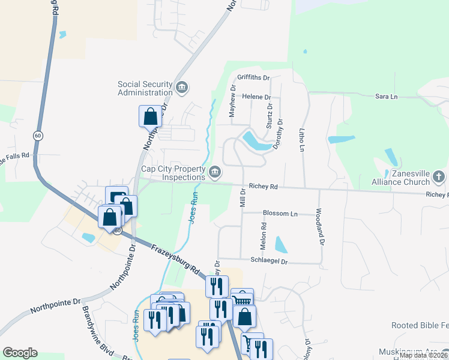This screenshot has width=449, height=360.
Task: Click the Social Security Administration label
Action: tap(145, 88)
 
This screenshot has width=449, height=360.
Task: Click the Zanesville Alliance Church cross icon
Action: tap(439, 177)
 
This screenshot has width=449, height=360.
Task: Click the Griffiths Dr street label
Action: tap(254, 78)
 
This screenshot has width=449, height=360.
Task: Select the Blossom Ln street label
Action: tap(280, 214)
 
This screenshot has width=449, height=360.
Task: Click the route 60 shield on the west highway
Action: tap(38, 136)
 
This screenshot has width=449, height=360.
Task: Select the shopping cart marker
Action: tap(242, 299)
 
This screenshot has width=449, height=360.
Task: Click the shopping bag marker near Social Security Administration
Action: tap(150, 116)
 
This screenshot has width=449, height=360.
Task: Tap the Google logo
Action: tap(20, 353)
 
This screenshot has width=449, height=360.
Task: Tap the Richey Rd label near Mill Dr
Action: tap(265, 187)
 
